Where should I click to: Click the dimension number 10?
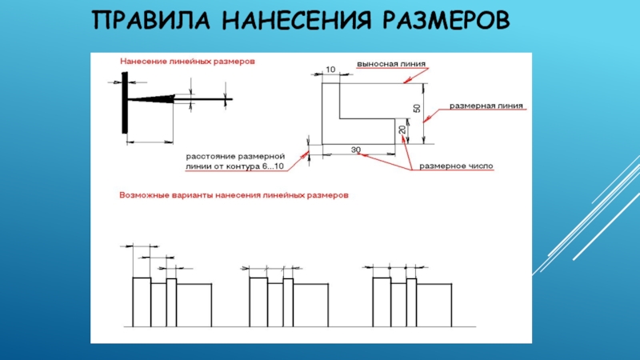(330, 70)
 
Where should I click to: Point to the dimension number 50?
(417, 109)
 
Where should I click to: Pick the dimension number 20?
(402, 130)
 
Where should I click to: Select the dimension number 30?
(356, 150)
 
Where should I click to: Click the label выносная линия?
(391, 64)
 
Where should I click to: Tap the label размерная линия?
(486, 106)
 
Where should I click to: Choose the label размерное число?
(456, 166)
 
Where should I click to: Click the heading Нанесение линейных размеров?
(187, 62)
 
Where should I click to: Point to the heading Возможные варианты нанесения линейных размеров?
(234, 195)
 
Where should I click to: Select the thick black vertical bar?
(125, 103)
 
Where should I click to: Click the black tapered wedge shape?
(151, 98)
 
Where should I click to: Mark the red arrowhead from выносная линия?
(407, 81)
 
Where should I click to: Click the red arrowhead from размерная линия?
(426, 119)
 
